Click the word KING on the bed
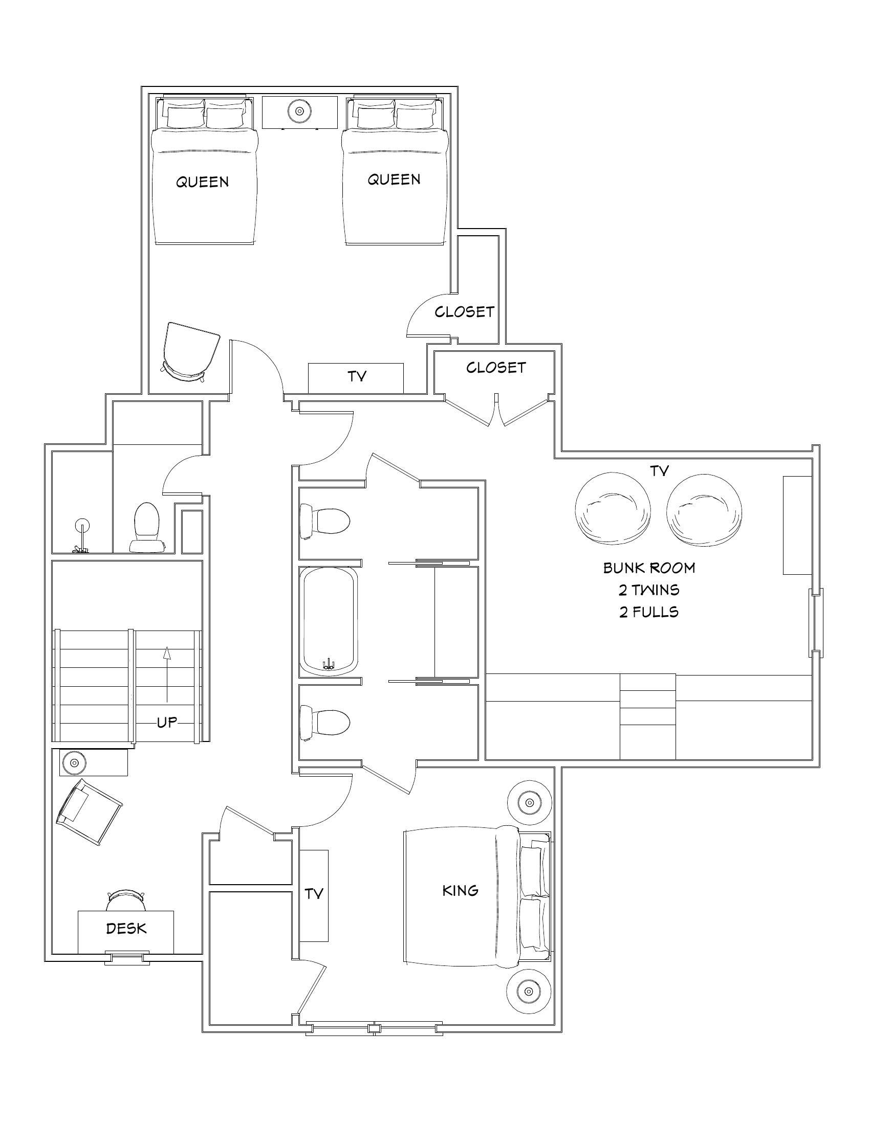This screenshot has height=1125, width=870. [460, 890]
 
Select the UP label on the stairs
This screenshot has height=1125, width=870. [167, 722]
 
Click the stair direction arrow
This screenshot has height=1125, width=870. [166, 675]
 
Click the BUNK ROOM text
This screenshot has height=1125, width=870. [649, 568]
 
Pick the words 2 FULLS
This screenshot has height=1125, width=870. [649, 612]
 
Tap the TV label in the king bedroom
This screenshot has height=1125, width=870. [314, 894]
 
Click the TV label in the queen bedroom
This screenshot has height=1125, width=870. [357, 376]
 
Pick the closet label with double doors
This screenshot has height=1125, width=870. [496, 367]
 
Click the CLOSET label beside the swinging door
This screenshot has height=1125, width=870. [464, 311]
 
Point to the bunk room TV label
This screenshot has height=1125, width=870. [659, 471]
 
